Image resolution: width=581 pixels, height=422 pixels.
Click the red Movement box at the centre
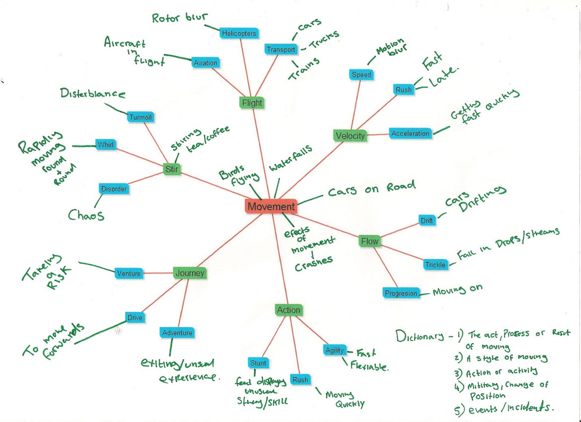(271, 206)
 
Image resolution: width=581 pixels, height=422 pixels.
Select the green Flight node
(252, 103)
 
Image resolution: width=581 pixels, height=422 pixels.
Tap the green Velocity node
(350, 136)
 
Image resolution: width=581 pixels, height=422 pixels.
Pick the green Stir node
(171, 169)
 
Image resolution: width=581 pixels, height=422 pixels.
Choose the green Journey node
(190, 273)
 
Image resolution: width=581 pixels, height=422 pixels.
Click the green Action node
(288, 310)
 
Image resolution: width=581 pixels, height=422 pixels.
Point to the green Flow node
(370, 241)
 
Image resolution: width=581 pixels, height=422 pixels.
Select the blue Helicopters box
(239, 33)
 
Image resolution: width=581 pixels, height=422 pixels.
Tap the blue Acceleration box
(410, 134)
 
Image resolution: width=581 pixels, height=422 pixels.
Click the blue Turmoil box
(141, 117)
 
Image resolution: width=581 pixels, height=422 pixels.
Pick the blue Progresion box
(401, 293)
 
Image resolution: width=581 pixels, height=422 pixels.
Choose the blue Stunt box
(258, 363)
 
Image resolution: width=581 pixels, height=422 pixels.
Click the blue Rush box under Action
(300, 380)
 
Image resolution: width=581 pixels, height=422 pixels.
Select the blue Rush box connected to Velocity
(403, 90)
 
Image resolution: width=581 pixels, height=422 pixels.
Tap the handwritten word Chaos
(86, 215)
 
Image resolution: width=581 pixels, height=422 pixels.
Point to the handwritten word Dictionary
(419, 336)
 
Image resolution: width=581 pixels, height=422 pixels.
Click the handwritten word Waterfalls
(290, 159)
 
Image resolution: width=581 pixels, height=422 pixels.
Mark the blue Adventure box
(177, 333)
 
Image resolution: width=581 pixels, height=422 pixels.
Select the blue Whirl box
(105, 144)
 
